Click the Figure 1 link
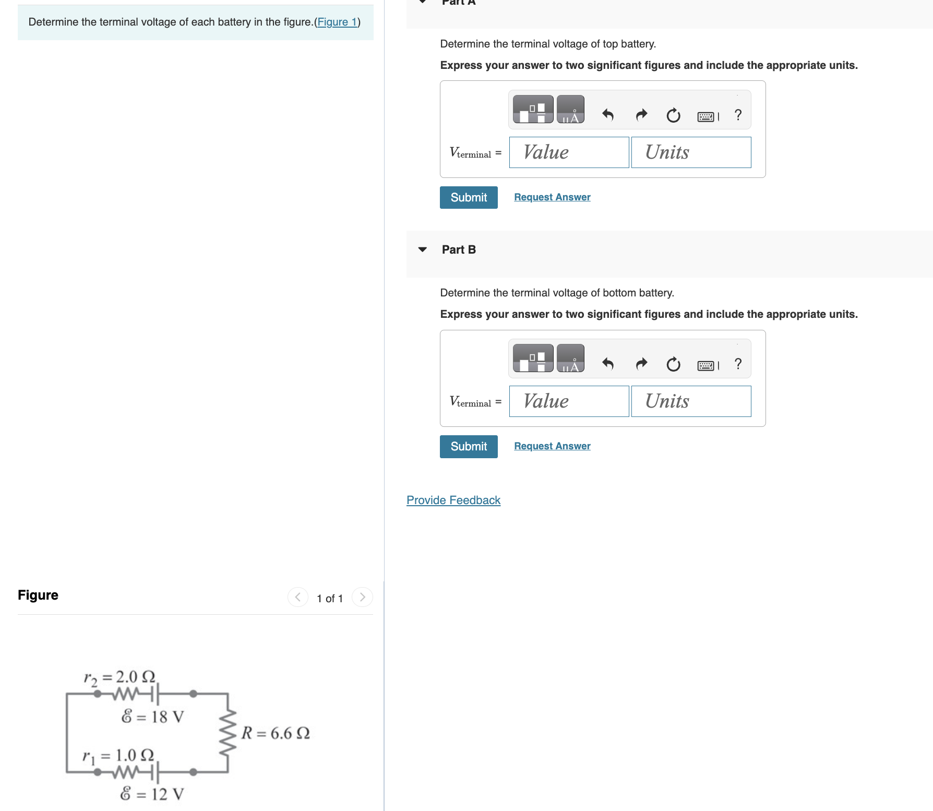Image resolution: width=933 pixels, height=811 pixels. pyautogui.click(x=337, y=22)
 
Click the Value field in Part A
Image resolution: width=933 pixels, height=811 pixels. pyautogui.click(x=569, y=152)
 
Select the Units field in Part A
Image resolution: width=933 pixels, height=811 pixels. pyautogui.click(x=691, y=152)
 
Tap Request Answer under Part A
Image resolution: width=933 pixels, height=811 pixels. pyautogui.click(x=552, y=197)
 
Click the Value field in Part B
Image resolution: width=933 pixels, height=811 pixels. pyautogui.click(x=569, y=401)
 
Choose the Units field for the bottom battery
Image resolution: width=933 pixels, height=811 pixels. pyautogui.click(x=691, y=401)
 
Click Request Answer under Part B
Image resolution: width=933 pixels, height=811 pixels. pyautogui.click(x=552, y=446)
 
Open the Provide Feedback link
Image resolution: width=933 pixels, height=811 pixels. pyautogui.click(x=453, y=500)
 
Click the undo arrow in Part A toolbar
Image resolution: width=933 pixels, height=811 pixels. pyautogui.click(x=607, y=114)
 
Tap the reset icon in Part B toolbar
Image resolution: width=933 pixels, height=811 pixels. pyautogui.click(x=673, y=364)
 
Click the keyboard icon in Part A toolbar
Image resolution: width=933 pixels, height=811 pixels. pyautogui.click(x=706, y=116)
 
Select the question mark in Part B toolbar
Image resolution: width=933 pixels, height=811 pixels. pyautogui.click(x=738, y=364)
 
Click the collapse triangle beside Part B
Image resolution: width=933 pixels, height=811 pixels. pyautogui.click(x=423, y=249)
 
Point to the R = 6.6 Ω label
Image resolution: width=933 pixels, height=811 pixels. pyautogui.click(x=276, y=733)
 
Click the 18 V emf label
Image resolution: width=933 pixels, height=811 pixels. pyautogui.click(x=152, y=717)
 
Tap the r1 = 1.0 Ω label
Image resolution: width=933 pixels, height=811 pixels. pyautogui.click(x=118, y=756)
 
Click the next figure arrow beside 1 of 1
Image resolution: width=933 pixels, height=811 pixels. pyautogui.click(x=362, y=597)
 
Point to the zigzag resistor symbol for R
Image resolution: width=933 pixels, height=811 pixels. pyautogui.click(x=228, y=733)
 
